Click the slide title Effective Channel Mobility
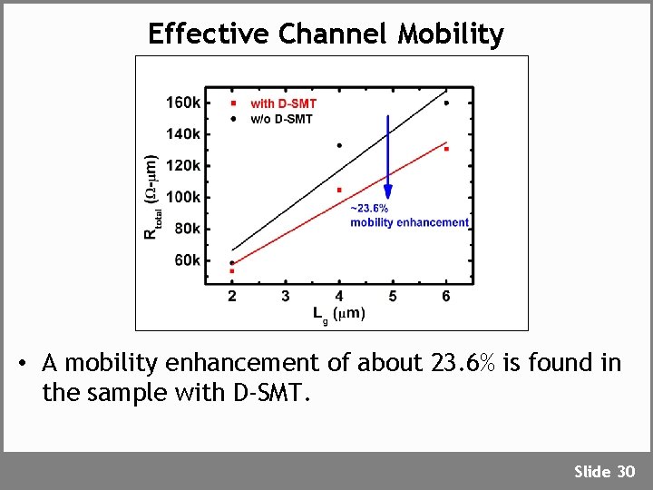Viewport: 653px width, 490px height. [x=326, y=34]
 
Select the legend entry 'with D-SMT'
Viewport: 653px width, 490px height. [x=283, y=104]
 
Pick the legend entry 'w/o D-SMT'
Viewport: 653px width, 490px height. [x=281, y=119]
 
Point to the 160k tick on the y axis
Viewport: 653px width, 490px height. [x=183, y=103]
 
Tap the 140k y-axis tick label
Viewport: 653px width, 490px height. [x=183, y=134]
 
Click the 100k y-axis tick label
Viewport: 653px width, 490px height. [x=183, y=197]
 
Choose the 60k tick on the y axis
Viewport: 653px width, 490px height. [x=187, y=260]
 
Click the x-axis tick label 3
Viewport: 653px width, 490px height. [x=286, y=296]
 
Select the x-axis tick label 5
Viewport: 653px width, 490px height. [x=393, y=296]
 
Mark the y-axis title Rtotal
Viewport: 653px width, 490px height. [x=151, y=198]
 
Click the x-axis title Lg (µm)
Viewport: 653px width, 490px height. [x=339, y=314]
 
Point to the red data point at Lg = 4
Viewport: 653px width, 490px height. [x=339, y=190]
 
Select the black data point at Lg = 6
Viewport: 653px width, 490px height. [x=446, y=103]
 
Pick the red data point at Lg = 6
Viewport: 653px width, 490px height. [x=446, y=149]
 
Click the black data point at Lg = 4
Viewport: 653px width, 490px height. [x=339, y=145]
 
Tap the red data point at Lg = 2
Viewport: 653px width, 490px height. [x=232, y=270]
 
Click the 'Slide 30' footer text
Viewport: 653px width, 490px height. [x=604, y=471]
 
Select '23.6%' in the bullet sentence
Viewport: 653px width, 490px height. [x=463, y=364]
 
